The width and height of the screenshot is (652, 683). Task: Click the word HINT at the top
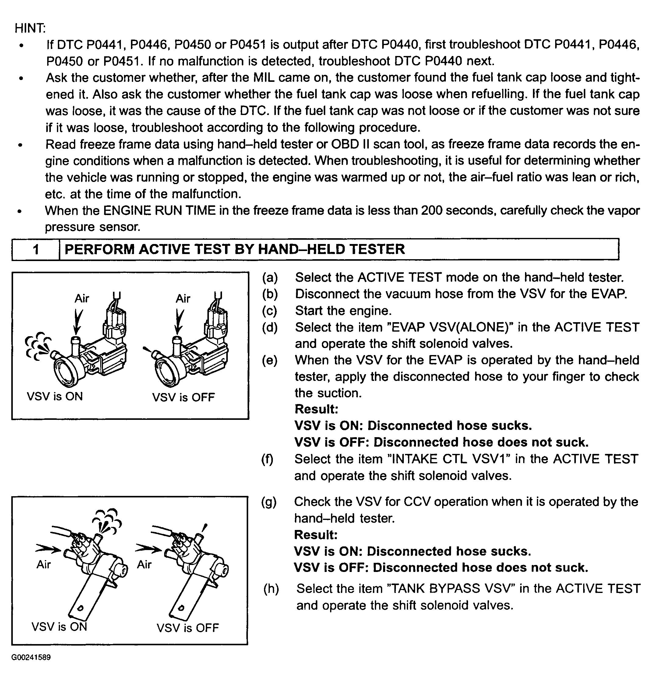(29, 28)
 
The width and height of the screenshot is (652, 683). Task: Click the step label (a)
(270, 278)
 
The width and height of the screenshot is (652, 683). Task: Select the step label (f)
(267, 459)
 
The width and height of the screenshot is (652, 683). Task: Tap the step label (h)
(271, 589)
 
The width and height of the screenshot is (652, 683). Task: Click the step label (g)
(269, 502)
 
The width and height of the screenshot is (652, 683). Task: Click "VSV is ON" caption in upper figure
(55, 396)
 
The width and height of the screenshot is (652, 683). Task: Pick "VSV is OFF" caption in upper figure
(184, 397)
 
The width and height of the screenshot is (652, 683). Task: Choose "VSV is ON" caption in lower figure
(59, 627)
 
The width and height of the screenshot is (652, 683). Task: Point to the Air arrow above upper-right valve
(179, 322)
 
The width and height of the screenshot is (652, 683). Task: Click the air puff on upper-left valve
(37, 346)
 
